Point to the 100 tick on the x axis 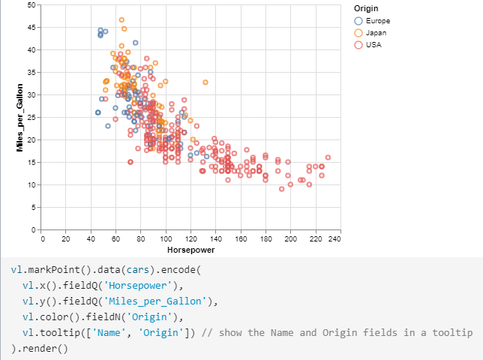pos(166,238)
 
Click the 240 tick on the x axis pos(334,238)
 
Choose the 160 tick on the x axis pos(241,238)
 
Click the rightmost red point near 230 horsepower pos(328,157)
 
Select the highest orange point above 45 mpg pos(121,20)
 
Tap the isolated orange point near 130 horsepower pos(205,82)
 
